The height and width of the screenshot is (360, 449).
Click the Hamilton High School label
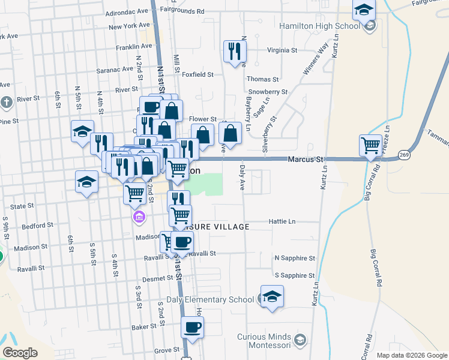coord(319,26)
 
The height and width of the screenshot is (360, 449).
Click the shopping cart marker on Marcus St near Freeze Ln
coord(371,145)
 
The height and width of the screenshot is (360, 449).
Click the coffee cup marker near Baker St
coord(192,327)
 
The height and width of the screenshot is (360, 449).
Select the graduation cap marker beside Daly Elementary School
coord(272,296)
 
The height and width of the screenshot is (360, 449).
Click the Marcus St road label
coord(306,160)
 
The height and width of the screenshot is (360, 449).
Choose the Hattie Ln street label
coord(283,221)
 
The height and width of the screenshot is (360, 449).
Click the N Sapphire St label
coord(294,258)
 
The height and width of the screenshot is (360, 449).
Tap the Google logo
coord(20,353)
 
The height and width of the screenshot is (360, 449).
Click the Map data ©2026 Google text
coord(411,355)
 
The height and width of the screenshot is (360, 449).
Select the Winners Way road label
coord(316,59)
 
